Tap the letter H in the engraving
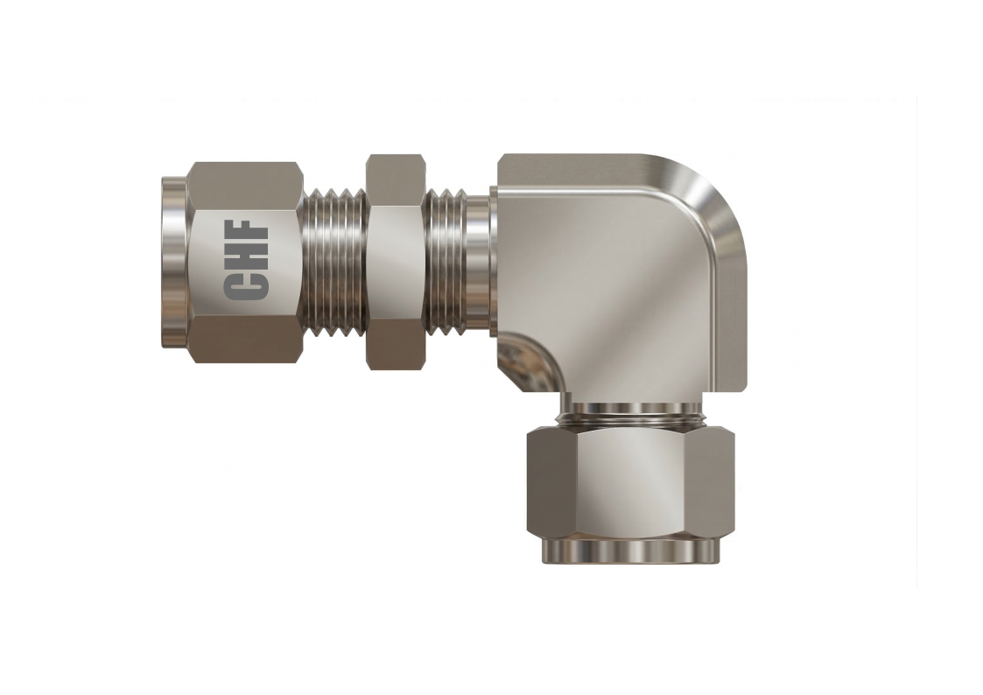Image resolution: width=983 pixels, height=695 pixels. point(247,261)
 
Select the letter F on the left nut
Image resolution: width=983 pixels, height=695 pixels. point(247,235)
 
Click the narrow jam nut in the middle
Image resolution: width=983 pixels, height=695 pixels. point(396,263)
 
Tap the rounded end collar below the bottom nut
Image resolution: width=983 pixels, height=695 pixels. point(630,551)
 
